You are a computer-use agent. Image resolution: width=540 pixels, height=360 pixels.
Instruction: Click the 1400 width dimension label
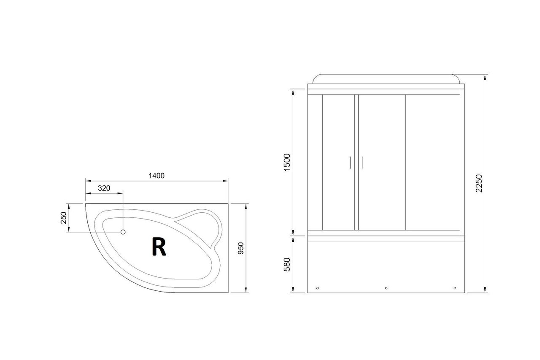(157, 176)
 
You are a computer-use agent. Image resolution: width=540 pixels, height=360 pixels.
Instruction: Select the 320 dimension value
(104, 188)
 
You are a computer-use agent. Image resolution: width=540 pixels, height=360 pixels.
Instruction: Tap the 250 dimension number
(64, 218)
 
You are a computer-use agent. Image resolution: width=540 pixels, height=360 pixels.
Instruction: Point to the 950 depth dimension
(241, 248)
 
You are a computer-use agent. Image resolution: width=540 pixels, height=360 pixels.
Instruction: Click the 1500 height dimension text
(287, 162)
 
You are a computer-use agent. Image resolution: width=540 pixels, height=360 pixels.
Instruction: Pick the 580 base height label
(287, 265)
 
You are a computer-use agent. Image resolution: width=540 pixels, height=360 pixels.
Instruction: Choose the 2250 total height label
(479, 183)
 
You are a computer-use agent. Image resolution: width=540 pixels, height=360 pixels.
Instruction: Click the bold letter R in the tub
(159, 247)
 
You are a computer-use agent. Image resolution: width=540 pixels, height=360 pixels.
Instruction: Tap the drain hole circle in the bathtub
(123, 232)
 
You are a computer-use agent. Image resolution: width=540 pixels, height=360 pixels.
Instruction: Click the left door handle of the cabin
(351, 162)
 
